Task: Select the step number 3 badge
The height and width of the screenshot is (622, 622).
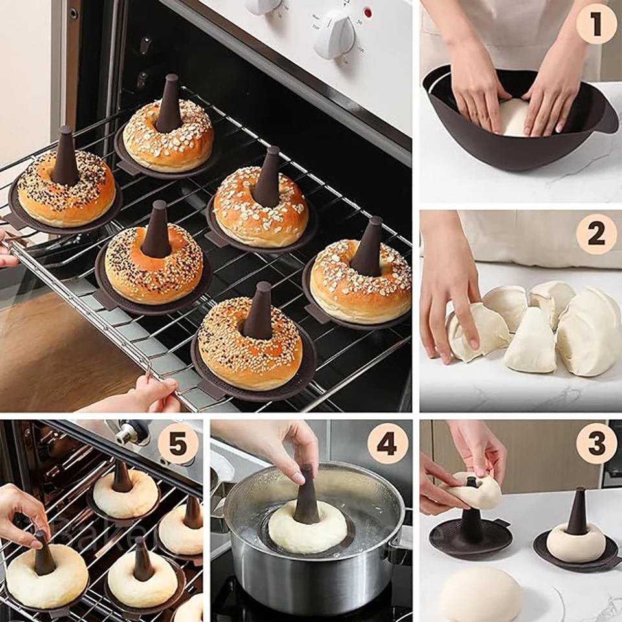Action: click(x=596, y=444)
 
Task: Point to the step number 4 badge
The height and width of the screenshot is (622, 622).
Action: click(x=387, y=444)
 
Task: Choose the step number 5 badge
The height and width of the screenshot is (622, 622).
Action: click(x=178, y=444)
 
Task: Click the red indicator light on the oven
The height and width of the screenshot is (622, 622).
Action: click(x=368, y=12)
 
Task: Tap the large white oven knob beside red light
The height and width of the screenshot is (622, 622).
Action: click(x=334, y=34)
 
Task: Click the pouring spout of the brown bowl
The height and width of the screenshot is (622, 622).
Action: click(x=606, y=120)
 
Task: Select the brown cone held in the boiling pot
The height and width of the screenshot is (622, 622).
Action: click(x=306, y=499)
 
